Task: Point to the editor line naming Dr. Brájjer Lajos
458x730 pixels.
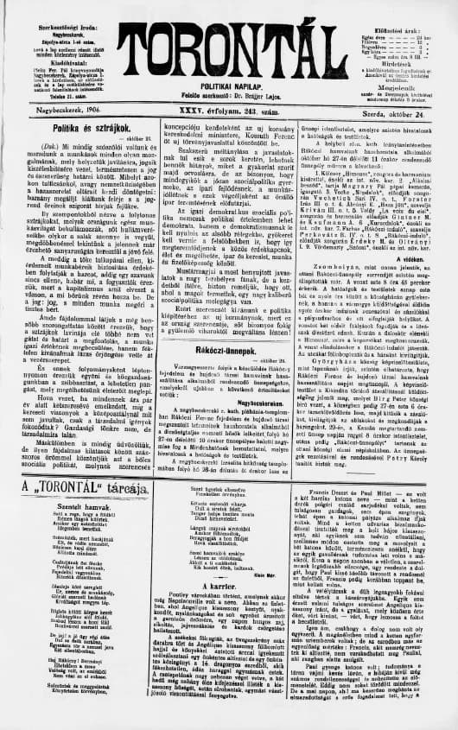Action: [231, 96]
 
